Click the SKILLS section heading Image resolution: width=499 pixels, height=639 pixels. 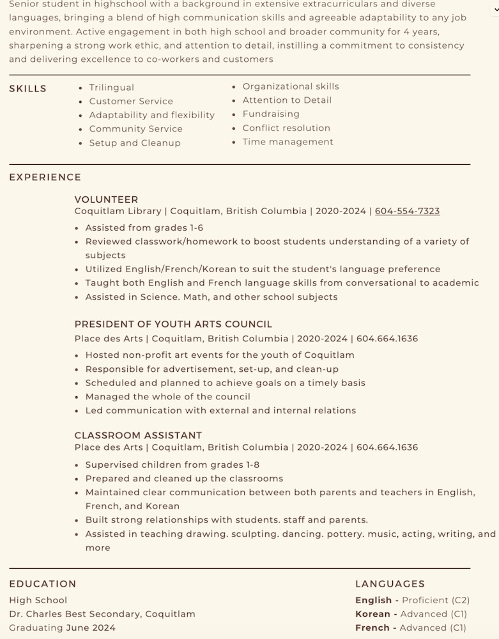point(27,89)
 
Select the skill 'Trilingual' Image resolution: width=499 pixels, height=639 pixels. point(111,88)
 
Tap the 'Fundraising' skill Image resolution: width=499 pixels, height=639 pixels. point(271,114)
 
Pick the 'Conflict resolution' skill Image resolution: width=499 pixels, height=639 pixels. point(286,128)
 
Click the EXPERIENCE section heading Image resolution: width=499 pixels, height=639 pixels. point(45,178)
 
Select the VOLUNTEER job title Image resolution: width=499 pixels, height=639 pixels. point(106,199)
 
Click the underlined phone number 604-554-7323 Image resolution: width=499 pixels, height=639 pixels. point(407,211)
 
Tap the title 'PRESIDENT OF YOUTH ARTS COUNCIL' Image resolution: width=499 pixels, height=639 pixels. point(173,325)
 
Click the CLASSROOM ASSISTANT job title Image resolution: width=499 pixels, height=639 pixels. point(138,436)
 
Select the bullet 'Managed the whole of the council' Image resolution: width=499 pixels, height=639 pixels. point(167,397)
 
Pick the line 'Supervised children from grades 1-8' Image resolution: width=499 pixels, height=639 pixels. point(172,465)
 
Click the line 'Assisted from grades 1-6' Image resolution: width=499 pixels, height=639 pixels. point(144,228)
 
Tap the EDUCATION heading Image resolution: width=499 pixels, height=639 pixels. point(43,584)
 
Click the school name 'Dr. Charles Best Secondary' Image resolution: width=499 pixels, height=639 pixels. point(74,614)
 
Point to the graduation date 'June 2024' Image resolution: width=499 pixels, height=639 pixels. point(91,628)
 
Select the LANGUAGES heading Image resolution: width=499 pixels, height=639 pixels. point(390,584)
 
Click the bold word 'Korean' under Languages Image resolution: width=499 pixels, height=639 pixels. point(372,614)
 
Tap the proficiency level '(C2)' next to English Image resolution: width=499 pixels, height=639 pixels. point(460,600)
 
